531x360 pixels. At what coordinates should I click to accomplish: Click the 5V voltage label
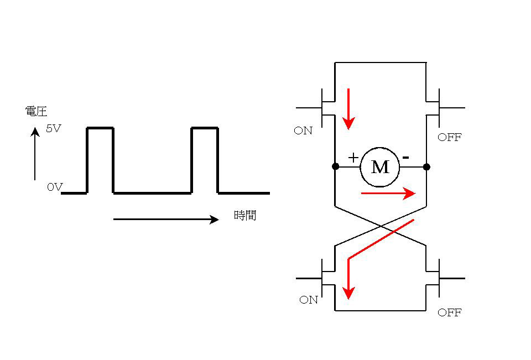(54, 129)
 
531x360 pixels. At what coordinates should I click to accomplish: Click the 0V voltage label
(54, 187)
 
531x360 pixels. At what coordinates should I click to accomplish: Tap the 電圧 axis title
(36, 112)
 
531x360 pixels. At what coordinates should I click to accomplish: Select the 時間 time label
(245, 216)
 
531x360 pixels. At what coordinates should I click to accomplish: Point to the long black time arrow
(166, 220)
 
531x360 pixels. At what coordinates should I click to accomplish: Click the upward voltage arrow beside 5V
(35, 155)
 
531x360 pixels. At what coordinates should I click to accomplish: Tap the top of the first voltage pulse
(100, 128)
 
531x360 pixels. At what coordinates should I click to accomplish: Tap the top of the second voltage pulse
(205, 128)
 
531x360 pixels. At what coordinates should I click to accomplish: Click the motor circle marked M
(379, 166)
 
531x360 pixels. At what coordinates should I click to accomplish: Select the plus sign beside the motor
(353, 158)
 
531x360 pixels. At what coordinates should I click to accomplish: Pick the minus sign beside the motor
(405, 158)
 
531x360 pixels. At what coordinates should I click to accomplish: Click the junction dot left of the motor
(335, 166)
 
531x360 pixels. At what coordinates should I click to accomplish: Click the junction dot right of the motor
(426, 166)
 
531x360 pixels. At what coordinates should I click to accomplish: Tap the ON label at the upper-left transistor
(303, 131)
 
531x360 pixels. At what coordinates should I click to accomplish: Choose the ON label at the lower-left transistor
(309, 300)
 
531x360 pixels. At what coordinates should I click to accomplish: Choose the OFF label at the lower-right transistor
(449, 313)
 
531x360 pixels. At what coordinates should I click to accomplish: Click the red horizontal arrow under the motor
(387, 193)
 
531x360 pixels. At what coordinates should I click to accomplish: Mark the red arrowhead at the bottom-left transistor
(348, 291)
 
